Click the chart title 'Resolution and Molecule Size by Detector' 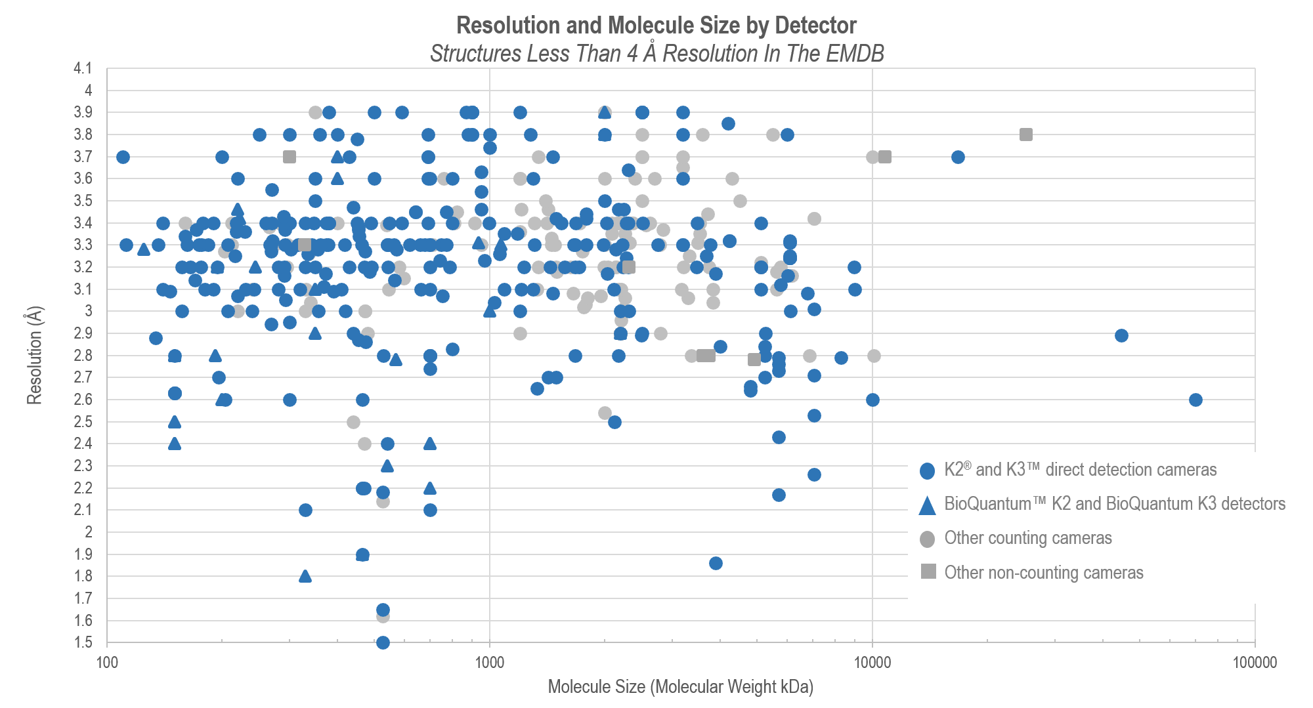(x=656, y=26)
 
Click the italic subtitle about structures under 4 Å (x=656, y=53)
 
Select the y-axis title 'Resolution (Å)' (x=34, y=355)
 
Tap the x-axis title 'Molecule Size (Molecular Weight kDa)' (x=680, y=687)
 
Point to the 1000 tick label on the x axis (x=489, y=662)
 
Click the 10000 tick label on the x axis (x=872, y=662)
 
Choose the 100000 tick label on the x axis (x=1255, y=662)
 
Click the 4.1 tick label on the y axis (x=83, y=68)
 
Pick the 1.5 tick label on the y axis (x=83, y=642)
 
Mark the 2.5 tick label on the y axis (x=83, y=421)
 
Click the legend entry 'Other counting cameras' (x=1027, y=539)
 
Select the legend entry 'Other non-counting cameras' (x=1043, y=573)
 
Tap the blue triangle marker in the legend (x=927, y=505)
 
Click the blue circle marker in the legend (x=927, y=470)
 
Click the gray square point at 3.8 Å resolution (x=1026, y=135)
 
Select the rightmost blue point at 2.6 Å (x=1195, y=400)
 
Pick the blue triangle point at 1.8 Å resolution (x=305, y=576)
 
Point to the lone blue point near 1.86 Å (x=716, y=563)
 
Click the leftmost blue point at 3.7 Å (x=123, y=157)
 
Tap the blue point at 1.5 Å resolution (x=383, y=642)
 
